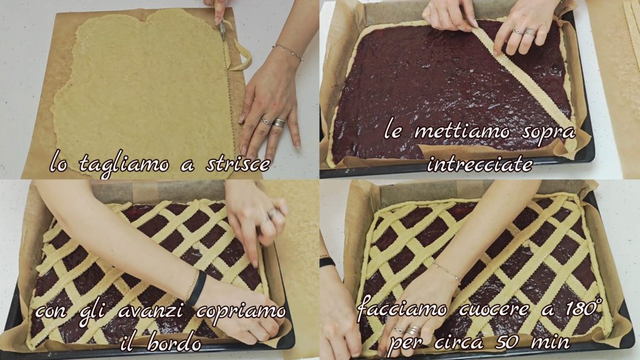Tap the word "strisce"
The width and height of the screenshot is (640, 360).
coord(238,164)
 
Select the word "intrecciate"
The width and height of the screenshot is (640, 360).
coord(479,164)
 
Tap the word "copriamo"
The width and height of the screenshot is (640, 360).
coord(241,312)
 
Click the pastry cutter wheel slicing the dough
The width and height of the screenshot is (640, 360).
coord(222,29)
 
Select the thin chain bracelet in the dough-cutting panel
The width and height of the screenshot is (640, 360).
coord(287,51)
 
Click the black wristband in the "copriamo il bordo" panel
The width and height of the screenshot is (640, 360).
coord(196,288)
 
